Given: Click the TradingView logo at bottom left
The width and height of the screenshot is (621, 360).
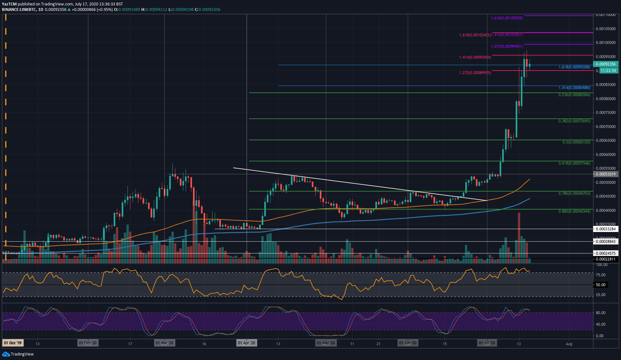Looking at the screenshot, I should (18, 354).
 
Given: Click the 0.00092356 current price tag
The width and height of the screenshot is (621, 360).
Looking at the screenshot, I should (605, 64).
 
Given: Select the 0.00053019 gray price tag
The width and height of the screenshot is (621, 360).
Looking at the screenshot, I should (605, 174).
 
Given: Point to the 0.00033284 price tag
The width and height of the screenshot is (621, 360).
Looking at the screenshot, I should (605, 229).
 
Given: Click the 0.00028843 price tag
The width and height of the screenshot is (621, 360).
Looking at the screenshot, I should (605, 242).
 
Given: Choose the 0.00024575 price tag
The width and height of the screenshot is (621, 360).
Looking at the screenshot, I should (605, 253).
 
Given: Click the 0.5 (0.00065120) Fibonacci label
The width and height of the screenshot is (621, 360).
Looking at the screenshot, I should (576, 142).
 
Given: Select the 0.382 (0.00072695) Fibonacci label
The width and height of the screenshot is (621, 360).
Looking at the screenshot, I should (574, 121).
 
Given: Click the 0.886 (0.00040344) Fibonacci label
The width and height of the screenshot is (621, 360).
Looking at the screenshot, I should (574, 211).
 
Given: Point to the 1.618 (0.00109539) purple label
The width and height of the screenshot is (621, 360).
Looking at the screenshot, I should (507, 18).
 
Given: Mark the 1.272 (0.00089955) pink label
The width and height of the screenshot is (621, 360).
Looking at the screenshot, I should (475, 73).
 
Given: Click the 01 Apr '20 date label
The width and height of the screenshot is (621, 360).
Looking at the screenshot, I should (246, 343).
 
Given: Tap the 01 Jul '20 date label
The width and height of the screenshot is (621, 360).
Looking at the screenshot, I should (487, 343).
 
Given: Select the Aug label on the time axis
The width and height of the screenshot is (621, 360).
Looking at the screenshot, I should (569, 344).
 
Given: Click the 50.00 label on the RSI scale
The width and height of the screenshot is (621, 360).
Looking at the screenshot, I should (600, 285).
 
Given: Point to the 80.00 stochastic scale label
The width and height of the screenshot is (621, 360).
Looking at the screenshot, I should (600, 313).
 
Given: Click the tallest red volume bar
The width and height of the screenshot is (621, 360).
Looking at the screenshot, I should (519, 237).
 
